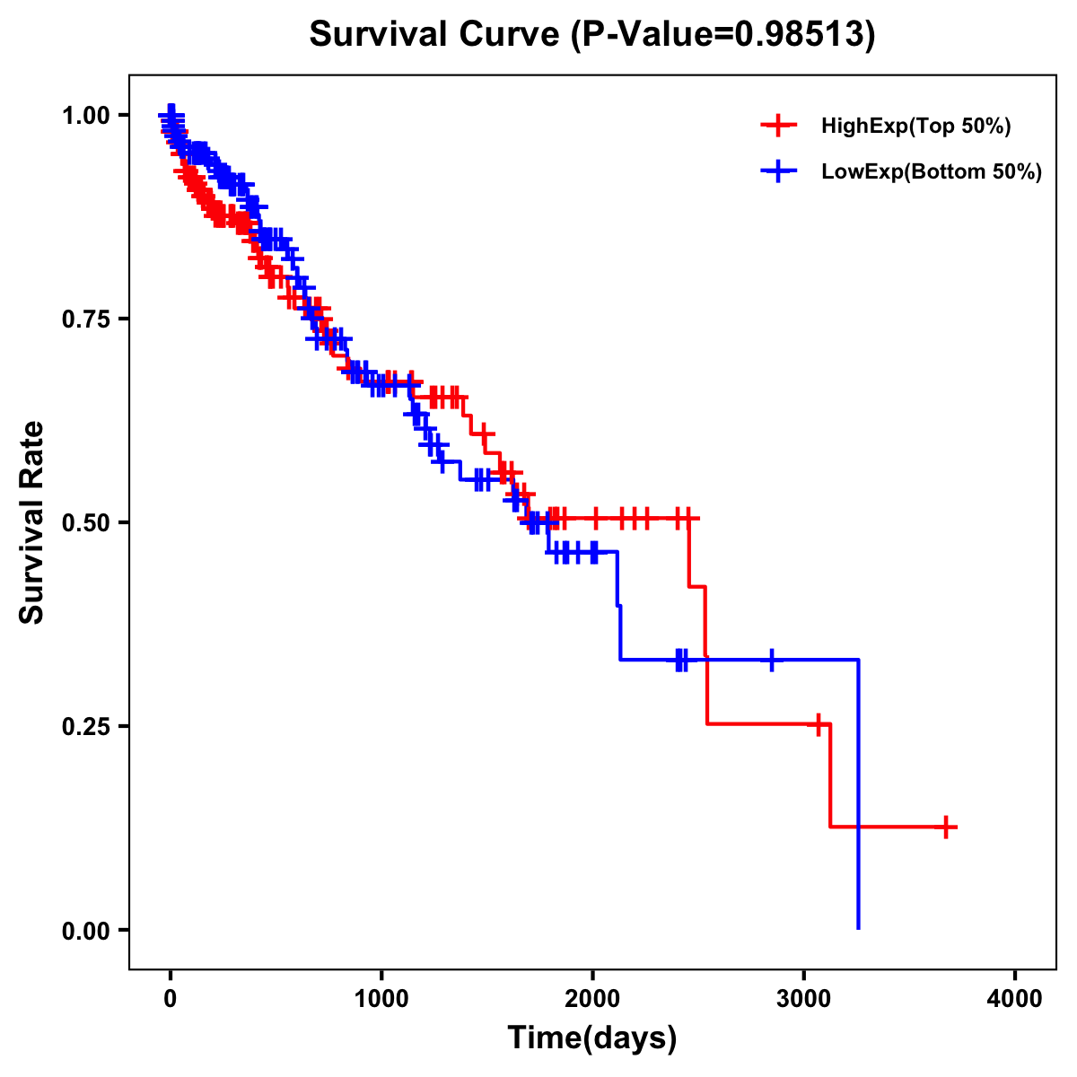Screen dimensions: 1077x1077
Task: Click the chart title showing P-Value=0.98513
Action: tap(591, 35)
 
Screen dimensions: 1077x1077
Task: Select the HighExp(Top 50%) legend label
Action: tap(916, 127)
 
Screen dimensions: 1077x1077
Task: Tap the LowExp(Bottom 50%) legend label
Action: tap(932, 172)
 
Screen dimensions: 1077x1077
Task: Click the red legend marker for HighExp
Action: tap(778, 127)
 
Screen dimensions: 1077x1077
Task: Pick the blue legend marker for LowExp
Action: tap(778, 171)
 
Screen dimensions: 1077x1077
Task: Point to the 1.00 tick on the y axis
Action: tap(86, 116)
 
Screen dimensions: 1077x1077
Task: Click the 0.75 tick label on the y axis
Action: tap(86, 320)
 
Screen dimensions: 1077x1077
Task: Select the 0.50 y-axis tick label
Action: tap(86, 523)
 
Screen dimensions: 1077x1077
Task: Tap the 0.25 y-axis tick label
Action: tap(86, 726)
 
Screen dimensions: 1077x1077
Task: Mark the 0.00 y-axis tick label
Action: tap(86, 931)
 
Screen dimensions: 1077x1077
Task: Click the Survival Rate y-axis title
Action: tap(33, 522)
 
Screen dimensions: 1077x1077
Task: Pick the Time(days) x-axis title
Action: tap(591, 1038)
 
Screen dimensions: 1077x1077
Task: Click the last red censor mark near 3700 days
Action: tap(947, 827)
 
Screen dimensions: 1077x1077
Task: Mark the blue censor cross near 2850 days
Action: tap(771, 660)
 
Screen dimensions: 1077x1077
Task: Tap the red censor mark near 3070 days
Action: tap(818, 724)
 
